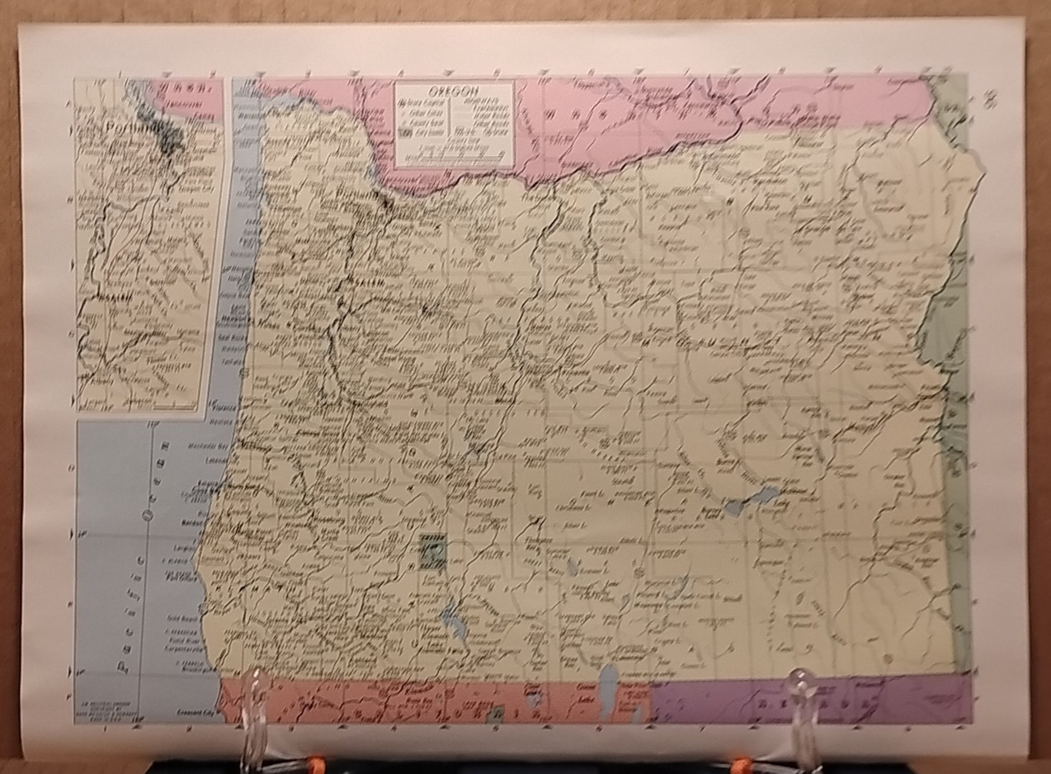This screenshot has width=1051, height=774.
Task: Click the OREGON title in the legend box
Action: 454,89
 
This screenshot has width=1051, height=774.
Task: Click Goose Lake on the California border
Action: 609,682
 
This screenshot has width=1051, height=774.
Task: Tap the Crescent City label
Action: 197,710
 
